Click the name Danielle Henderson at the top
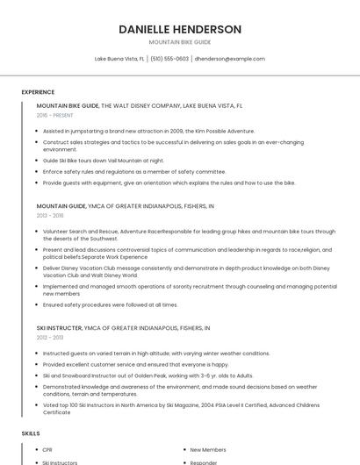180,29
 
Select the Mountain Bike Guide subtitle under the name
180,42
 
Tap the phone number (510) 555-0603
169,59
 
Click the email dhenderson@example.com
229,59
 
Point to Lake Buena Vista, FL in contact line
119,59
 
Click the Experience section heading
38,92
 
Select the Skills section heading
31,433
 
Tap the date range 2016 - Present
55,115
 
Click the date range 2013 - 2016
50,215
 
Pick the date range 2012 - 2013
50,337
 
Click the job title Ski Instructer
59,327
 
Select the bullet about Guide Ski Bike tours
104,161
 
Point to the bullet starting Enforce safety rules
134,172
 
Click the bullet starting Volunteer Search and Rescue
189,234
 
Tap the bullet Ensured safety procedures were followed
110,304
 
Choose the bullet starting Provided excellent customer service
135,364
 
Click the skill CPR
47,450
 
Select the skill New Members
207,450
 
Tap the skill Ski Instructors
60,462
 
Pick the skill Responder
204,462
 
